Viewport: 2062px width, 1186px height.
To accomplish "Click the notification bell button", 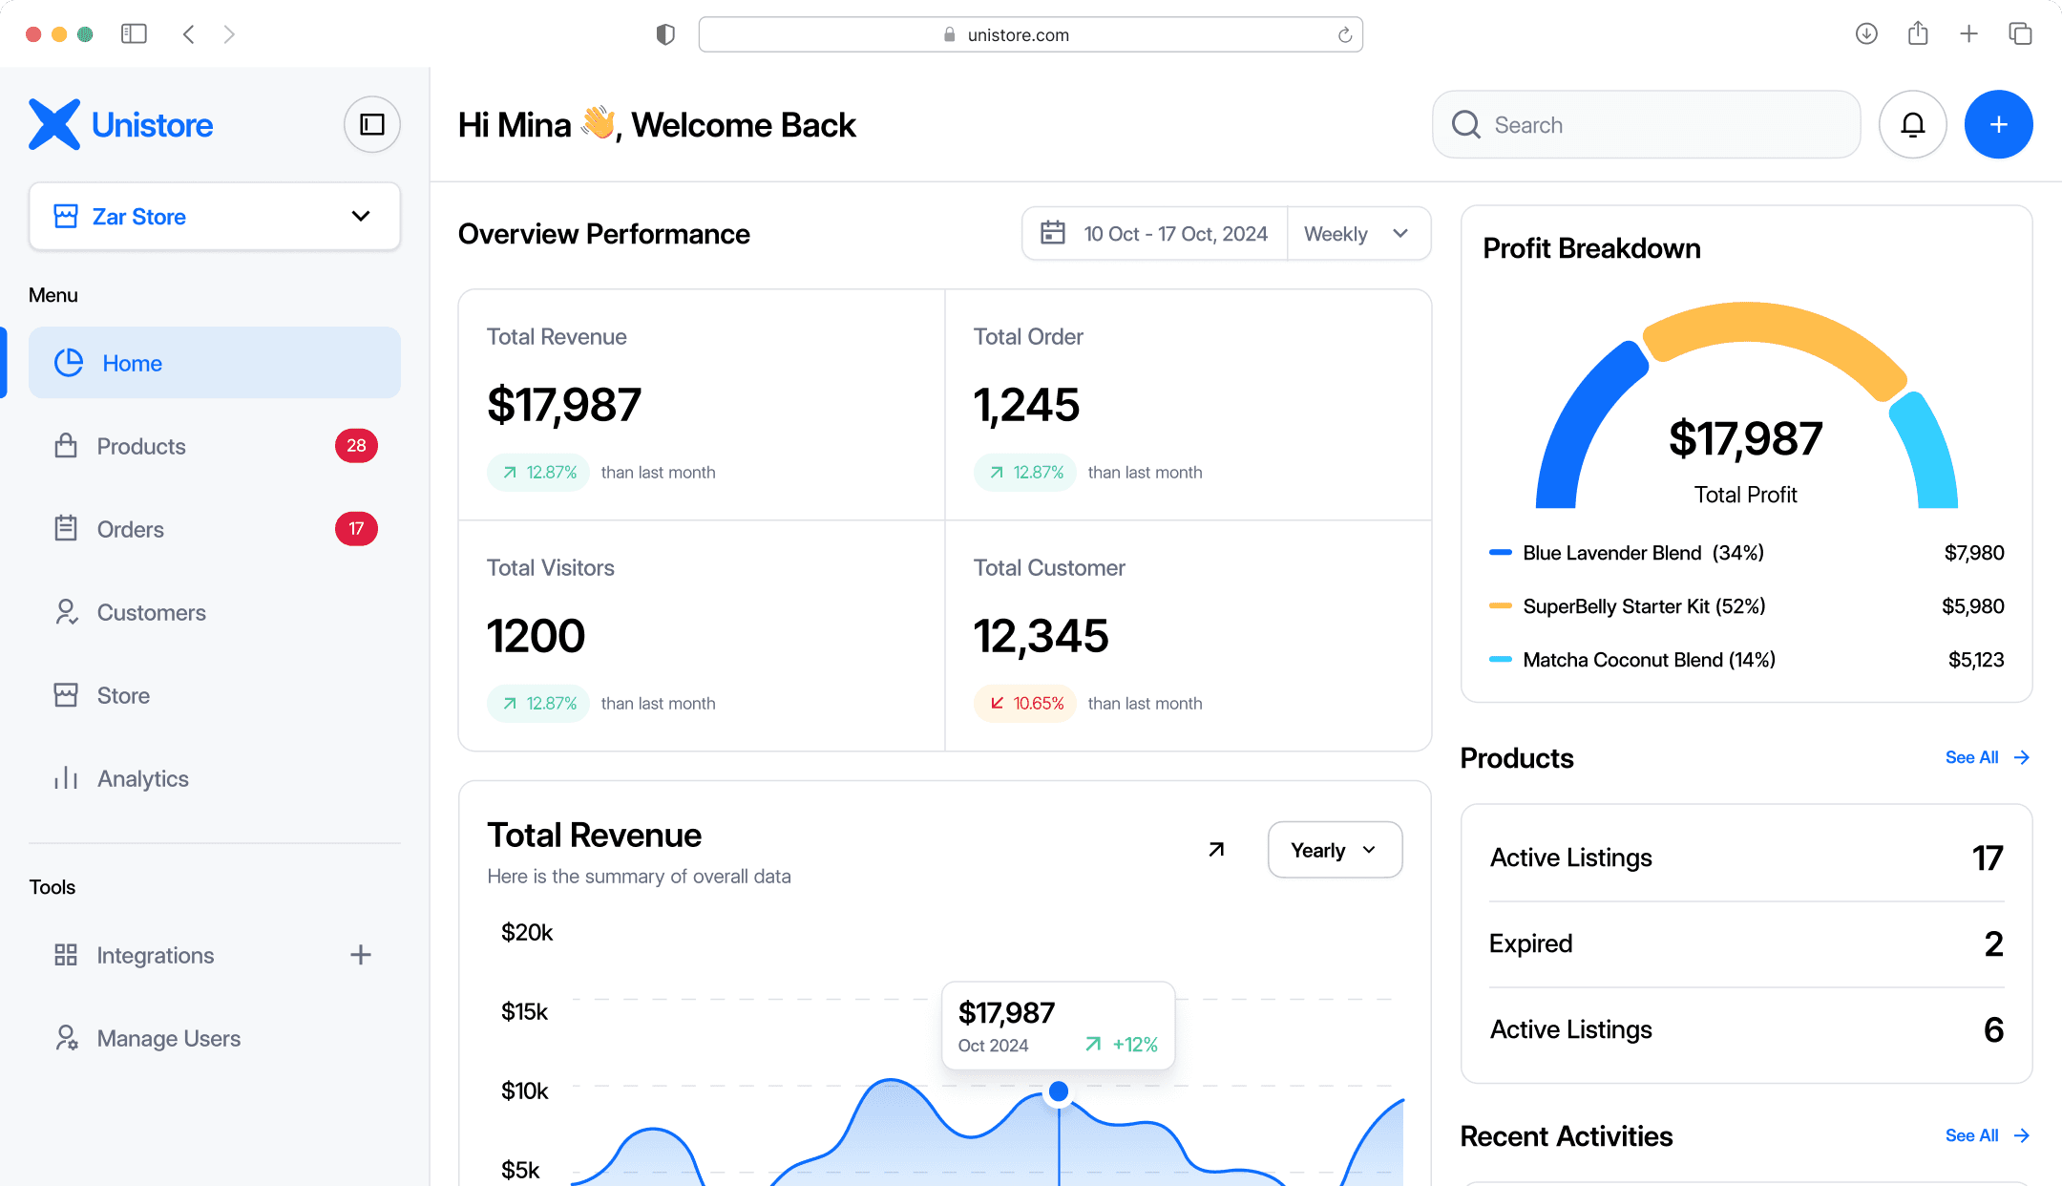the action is point(1912,124).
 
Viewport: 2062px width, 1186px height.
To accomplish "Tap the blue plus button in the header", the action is point(1998,124).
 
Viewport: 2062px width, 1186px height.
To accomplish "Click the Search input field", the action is point(1646,124).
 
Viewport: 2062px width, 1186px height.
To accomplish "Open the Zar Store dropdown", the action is point(215,217).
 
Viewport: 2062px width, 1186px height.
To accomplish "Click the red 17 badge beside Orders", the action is point(356,529).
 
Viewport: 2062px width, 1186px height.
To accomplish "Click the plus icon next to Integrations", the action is point(361,955).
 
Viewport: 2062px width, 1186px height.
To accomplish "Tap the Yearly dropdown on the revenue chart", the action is point(1335,850).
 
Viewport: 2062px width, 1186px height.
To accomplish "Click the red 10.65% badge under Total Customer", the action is point(1025,704).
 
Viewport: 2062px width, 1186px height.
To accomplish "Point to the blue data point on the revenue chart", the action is point(1059,1091).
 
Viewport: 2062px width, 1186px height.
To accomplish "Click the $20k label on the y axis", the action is point(527,933).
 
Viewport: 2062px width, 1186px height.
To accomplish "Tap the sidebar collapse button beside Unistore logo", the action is point(371,124).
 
